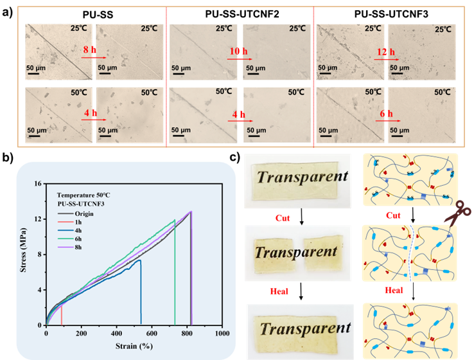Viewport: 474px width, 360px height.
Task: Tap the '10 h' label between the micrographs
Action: [x=238, y=50]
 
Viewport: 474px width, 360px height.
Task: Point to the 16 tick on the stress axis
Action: [x=38, y=184]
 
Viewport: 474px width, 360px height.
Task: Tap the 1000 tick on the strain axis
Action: [x=222, y=334]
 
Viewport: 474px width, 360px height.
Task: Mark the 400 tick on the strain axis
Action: [x=116, y=334]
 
